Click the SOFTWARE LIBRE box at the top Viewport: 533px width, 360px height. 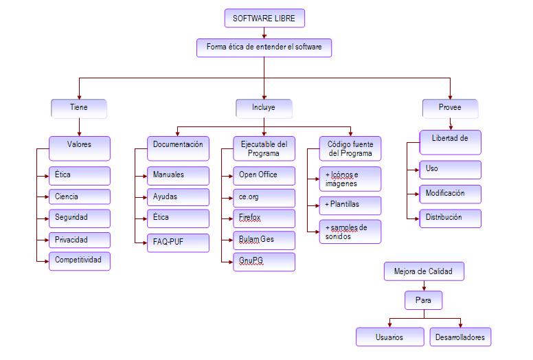[x=264, y=19]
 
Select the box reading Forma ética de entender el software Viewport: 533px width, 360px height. [x=264, y=47]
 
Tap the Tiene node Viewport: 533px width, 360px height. [x=79, y=109]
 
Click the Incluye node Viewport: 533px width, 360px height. [x=264, y=109]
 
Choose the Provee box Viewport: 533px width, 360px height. [x=450, y=109]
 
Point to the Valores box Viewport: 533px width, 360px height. [x=79, y=146]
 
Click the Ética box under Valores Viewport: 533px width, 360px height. [x=79, y=175]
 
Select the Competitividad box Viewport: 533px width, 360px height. [x=79, y=261]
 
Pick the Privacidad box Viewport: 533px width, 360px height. [x=79, y=240]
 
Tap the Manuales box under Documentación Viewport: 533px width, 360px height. [x=178, y=175]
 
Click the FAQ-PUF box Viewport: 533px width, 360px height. [x=178, y=241]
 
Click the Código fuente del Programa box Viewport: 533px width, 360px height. [x=350, y=149]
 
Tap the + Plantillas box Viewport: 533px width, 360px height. [x=350, y=205]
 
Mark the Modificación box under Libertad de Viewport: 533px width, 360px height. [x=450, y=194]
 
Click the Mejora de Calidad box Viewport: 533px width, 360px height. [x=424, y=271]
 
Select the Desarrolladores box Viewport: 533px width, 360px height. [x=460, y=337]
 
